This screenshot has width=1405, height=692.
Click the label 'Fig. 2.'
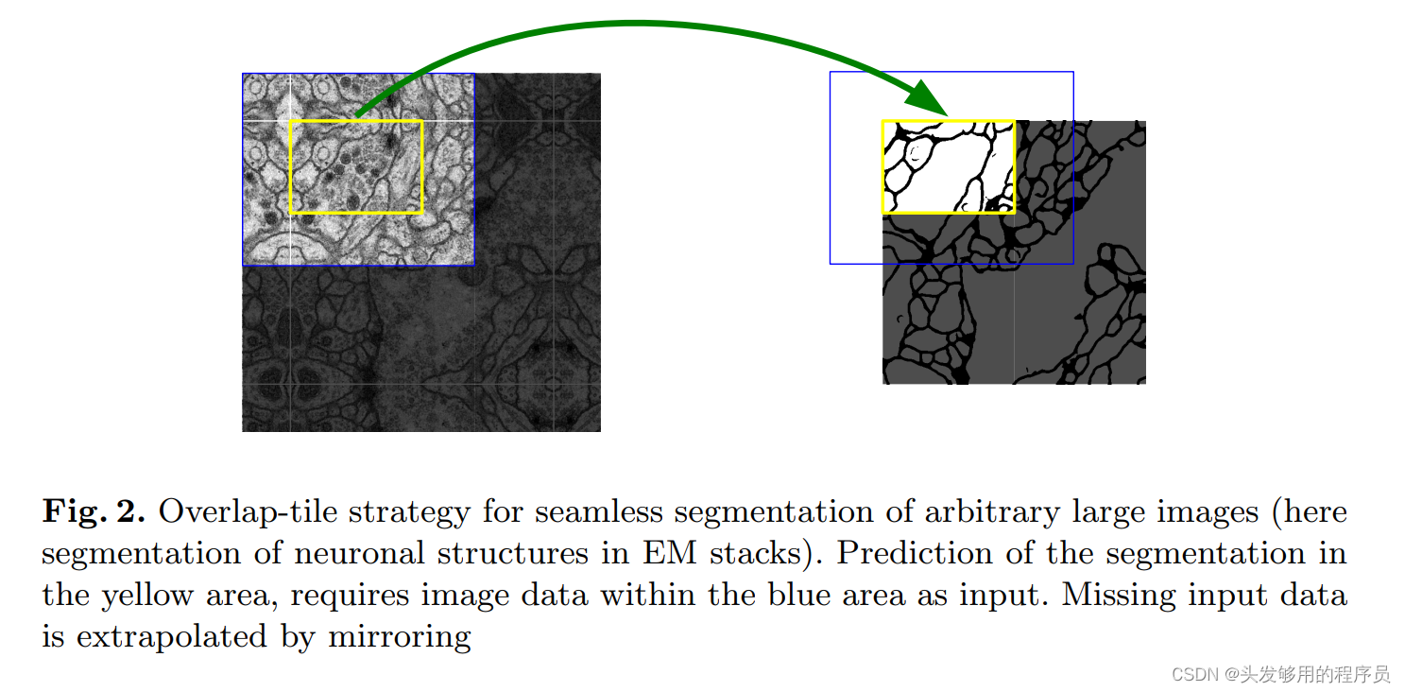(x=93, y=512)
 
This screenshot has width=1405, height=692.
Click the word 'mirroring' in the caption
(x=399, y=637)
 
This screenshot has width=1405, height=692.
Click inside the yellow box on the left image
(x=356, y=167)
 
